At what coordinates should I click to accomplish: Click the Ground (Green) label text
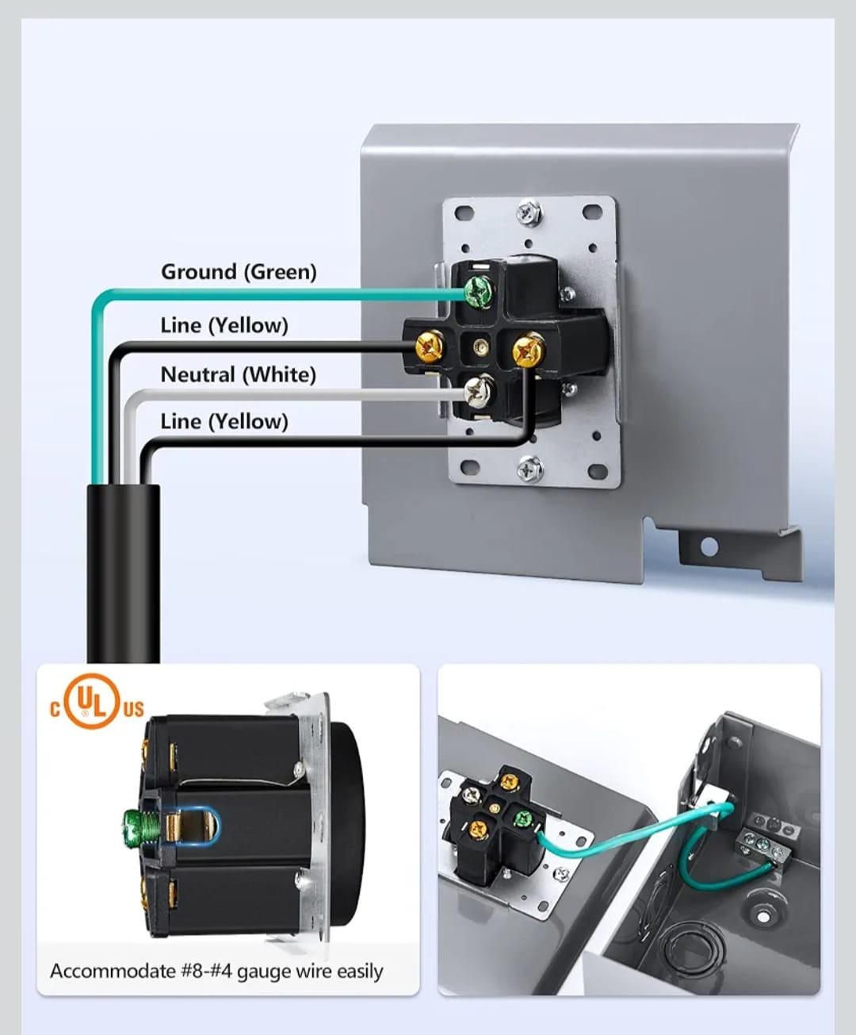point(239,272)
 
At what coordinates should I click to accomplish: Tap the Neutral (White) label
point(239,374)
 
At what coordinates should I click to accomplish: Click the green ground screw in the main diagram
point(479,291)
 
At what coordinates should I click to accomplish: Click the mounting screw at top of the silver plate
point(529,213)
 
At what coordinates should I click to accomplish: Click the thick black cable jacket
point(124,573)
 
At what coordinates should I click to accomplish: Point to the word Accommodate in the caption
point(113,972)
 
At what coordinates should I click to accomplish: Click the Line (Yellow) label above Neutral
point(224,326)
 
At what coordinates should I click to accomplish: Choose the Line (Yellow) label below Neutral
point(224,422)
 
